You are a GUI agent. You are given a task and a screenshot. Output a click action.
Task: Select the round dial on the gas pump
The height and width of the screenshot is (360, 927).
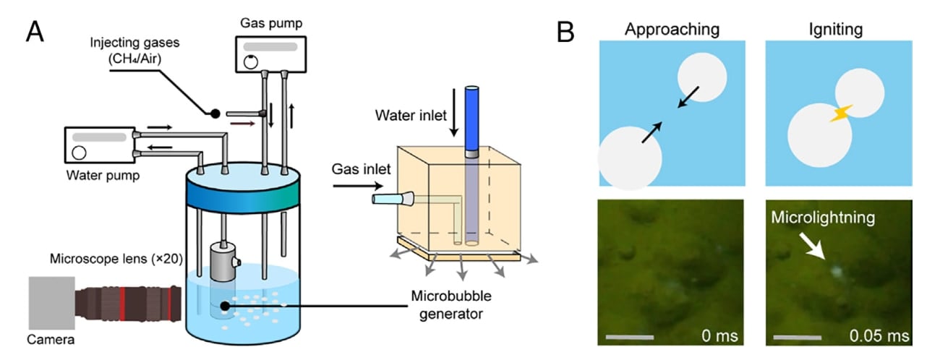[250, 61]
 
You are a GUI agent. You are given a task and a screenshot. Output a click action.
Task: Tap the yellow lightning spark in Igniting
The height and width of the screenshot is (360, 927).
[841, 113]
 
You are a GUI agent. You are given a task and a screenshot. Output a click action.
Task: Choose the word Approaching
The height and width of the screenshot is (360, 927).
[672, 30]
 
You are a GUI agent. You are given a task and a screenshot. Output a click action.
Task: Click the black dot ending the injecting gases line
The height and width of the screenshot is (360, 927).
[214, 113]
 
